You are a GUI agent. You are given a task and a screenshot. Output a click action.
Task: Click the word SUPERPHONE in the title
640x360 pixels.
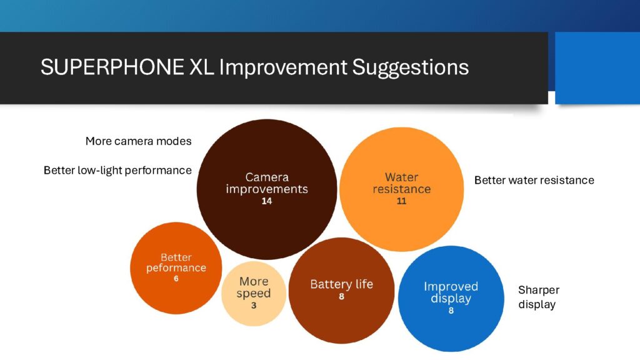(x=112, y=67)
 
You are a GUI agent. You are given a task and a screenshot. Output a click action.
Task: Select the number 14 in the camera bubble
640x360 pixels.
(x=267, y=201)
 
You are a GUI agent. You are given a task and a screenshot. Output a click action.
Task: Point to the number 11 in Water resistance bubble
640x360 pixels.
(x=402, y=201)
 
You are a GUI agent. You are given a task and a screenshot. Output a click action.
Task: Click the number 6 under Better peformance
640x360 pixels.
(x=176, y=279)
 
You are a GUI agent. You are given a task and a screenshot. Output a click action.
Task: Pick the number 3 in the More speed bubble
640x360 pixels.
(x=254, y=305)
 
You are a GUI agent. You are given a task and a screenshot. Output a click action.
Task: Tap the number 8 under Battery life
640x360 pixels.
(x=342, y=296)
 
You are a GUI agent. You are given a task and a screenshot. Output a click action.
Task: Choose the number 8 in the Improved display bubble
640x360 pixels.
(x=451, y=311)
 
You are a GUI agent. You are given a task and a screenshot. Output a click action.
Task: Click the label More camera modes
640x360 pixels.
(x=138, y=141)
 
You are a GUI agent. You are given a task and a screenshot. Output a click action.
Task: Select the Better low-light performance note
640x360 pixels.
(x=117, y=170)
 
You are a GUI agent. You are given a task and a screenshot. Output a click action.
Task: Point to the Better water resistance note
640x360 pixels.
(x=534, y=180)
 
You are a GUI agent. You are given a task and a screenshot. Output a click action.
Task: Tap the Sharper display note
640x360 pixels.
(x=539, y=297)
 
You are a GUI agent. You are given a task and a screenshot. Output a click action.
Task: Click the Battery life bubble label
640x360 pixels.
(x=342, y=284)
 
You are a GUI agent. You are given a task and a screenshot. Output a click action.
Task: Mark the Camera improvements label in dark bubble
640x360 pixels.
(x=267, y=183)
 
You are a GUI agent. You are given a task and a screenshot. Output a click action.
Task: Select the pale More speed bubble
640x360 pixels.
(x=254, y=294)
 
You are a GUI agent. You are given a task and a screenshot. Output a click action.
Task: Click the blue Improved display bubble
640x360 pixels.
(x=451, y=299)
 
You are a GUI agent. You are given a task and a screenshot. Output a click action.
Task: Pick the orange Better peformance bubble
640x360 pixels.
(x=176, y=268)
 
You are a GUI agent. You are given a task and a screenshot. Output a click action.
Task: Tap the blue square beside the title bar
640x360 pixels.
(x=597, y=67)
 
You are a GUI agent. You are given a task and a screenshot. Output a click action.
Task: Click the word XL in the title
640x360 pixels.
(x=202, y=67)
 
